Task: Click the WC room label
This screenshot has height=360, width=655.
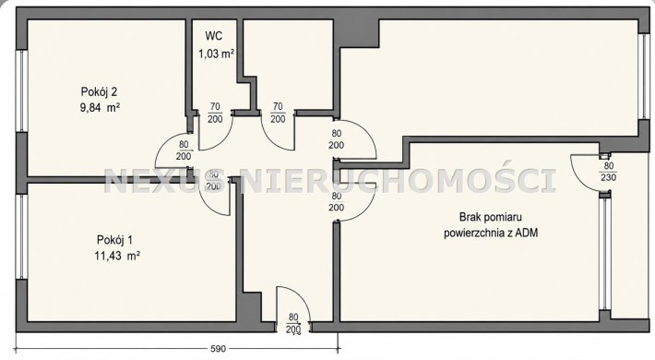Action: point(213,36)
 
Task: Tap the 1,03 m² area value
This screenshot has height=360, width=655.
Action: point(216,54)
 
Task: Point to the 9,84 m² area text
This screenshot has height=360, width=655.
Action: point(100,108)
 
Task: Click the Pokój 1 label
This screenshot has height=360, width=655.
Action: point(114,240)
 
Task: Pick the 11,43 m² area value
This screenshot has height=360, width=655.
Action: point(117,256)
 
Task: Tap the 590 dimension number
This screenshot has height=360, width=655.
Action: point(218,348)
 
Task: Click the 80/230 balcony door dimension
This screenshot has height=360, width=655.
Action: point(609,172)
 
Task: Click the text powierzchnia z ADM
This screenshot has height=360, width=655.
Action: point(491,233)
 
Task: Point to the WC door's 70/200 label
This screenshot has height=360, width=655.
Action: point(215,113)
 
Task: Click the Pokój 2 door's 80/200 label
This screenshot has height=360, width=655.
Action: point(184,150)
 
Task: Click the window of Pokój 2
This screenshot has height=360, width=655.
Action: point(20,91)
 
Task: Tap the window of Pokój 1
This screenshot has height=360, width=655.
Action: point(20,236)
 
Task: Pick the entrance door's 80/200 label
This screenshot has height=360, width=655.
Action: point(293,324)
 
